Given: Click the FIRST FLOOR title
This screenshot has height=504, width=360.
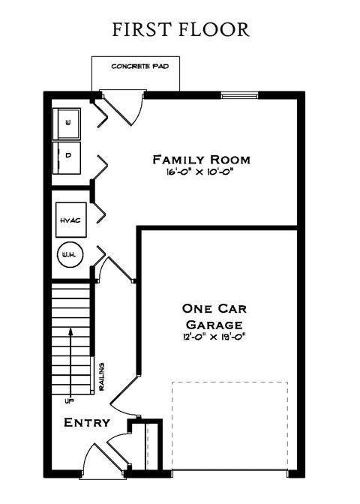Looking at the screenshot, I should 180,30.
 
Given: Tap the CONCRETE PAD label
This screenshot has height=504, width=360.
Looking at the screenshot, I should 139,67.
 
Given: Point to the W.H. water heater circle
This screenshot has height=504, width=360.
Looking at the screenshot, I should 69,256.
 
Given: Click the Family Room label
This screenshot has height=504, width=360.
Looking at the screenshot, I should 201,160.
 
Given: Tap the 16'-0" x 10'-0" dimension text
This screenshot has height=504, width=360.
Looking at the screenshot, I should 201,172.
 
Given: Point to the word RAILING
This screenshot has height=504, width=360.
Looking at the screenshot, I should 101,376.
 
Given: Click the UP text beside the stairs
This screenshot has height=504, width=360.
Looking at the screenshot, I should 70,400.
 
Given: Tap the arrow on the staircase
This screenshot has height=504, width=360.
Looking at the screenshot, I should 70,360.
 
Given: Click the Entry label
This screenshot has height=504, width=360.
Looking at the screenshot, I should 87,423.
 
